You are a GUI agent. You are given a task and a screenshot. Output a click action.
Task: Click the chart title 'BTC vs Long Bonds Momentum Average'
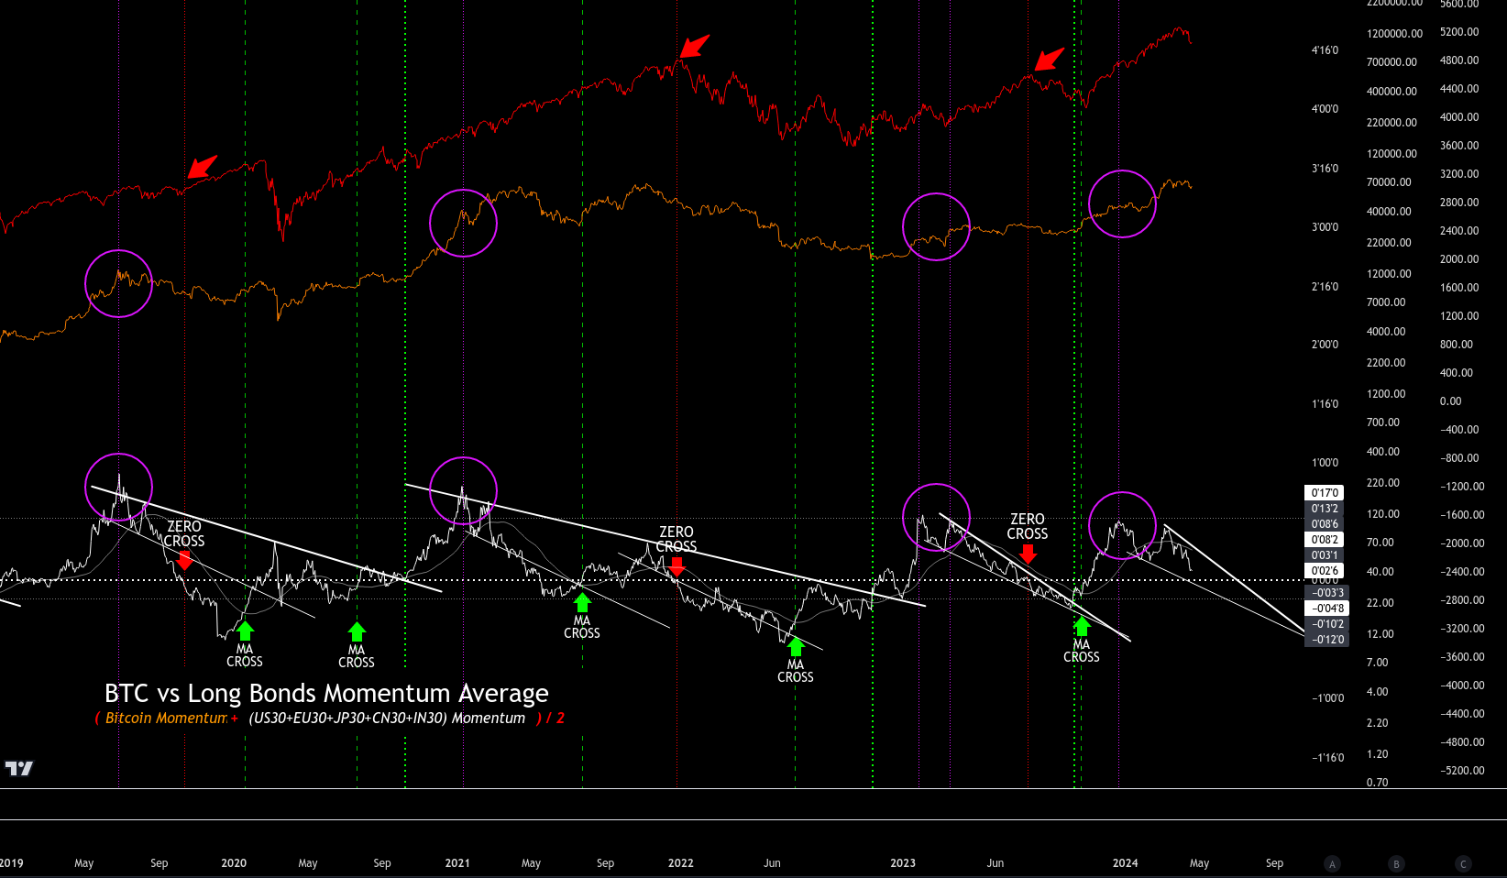tap(326, 694)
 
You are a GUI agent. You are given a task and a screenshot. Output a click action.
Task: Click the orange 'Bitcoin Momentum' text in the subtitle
tap(166, 719)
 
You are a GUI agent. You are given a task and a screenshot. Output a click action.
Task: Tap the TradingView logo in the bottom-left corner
tap(18, 768)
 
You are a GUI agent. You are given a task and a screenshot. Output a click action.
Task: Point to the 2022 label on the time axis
tap(680, 863)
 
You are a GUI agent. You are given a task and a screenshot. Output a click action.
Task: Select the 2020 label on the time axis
tap(234, 863)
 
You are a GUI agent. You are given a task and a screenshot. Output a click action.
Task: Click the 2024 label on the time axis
tap(1125, 863)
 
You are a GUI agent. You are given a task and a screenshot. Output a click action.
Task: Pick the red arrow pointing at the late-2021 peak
tap(695, 46)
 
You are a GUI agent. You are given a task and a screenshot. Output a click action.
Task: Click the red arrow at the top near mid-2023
tap(1050, 60)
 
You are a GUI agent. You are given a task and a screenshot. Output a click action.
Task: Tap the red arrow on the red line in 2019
tap(203, 167)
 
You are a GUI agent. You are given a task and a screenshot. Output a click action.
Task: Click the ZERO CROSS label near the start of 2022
tap(676, 539)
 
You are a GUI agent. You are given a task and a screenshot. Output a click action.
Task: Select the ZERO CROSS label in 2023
tap(1028, 526)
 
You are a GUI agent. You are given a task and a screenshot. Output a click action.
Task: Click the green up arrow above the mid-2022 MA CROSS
tap(796, 647)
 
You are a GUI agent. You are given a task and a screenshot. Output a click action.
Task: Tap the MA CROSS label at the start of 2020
tap(245, 655)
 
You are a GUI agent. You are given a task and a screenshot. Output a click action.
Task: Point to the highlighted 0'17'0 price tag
tap(1325, 493)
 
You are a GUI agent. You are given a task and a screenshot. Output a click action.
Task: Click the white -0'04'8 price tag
tap(1326, 609)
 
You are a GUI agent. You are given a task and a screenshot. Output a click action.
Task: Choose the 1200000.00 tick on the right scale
tap(1394, 34)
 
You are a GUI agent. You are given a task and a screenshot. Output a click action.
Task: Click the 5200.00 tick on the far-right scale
tap(1459, 32)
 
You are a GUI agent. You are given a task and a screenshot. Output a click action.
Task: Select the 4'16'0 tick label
tap(1325, 50)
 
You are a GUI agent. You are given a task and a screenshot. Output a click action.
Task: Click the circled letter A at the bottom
tap(1333, 863)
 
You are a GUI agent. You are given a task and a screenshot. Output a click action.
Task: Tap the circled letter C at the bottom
tap(1463, 863)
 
